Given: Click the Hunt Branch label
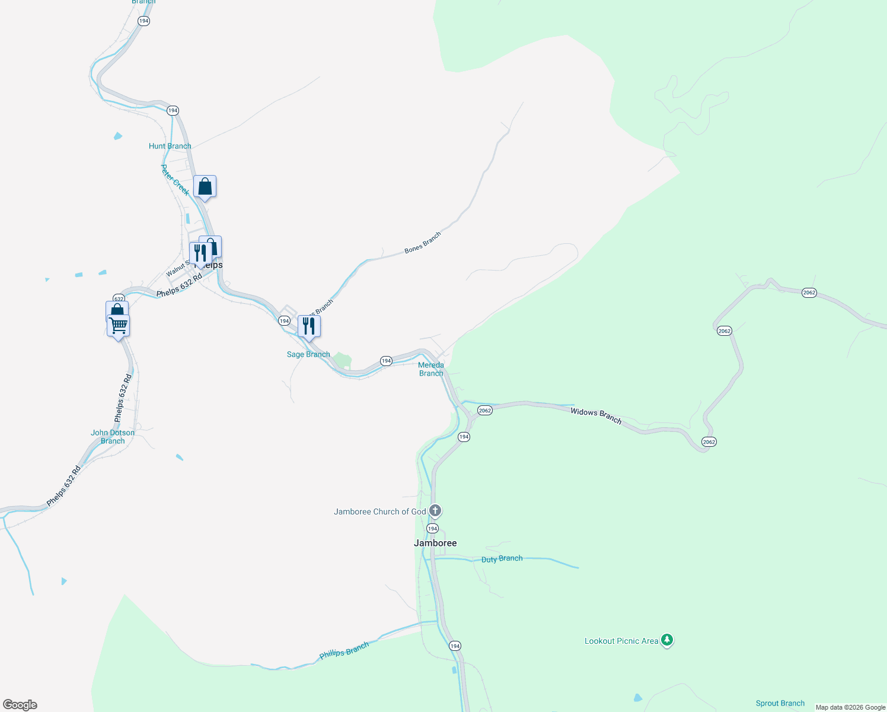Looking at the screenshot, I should pyautogui.click(x=170, y=146).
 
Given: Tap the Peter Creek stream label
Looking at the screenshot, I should pyautogui.click(x=176, y=180).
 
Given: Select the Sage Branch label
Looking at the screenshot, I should pyautogui.click(x=308, y=354).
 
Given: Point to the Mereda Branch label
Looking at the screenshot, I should pyautogui.click(x=431, y=369).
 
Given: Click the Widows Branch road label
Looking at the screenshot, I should pyautogui.click(x=596, y=415).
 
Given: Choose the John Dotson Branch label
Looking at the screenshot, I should pyautogui.click(x=113, y=437).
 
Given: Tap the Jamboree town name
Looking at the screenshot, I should pyautogui.click(x=435, y=543).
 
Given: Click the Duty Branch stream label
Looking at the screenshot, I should pyautogui.click(x=502, y=559).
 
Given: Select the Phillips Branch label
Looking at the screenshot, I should pyautogui.click(x=344, y=650).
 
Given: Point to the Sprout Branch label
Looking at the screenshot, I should pyautogui.click(x=780, y=703).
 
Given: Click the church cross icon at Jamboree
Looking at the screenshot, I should pyautogui.click(x=435, y=510).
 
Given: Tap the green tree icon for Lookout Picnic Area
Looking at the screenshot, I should pyautogui.click(x=667, y=640).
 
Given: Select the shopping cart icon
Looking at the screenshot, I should pyautogui.click(x=119, y=325).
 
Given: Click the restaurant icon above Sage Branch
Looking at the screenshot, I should pyautogui.click(x=309, y=326).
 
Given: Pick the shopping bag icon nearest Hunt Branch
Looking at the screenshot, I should pyautogui.click(x=205, y=186).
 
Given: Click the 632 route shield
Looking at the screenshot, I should pyautogui.click(x=119, y=298).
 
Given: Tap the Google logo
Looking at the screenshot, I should pyautogui.click(x=20, y=705).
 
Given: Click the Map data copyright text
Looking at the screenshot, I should pyautogui.click(x=850, y=707).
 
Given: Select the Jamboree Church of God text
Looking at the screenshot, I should pyautogui.click(x=380, y=511).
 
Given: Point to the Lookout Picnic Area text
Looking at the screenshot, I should pyautogui.click(x=621, y=641).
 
